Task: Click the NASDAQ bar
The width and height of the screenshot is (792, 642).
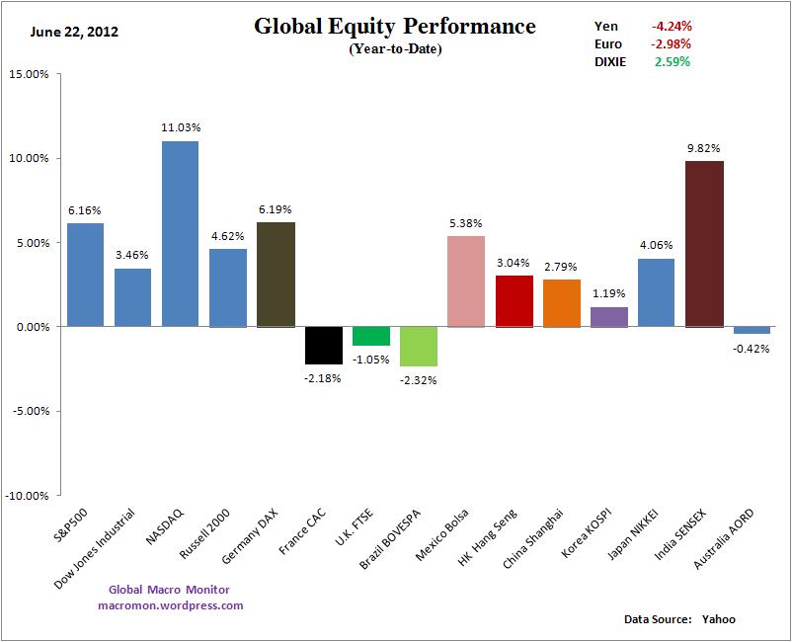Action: pos(180,233)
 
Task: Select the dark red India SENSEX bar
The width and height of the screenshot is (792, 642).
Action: pos(704,243)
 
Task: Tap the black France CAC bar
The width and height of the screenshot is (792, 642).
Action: pos(324,345)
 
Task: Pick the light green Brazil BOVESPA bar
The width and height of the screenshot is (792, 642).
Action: pos(419,346)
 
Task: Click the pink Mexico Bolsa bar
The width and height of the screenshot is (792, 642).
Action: pos(466,281)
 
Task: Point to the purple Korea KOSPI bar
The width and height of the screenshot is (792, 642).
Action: pos(609,316)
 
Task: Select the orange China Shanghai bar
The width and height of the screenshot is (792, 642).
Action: pos(561,302)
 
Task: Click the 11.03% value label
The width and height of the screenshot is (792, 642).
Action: pos(180,127)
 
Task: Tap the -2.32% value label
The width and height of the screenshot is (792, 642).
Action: pos(419,380)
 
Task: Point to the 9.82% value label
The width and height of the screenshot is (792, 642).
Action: pos(704,147)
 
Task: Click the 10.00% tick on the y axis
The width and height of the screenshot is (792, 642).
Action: pos(29,158)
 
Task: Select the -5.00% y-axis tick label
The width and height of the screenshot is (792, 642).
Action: pos(29,411)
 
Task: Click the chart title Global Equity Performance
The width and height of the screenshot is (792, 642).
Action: pos(395,27)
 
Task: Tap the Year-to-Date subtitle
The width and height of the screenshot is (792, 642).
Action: pos(395,49)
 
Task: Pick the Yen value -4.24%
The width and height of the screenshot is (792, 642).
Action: pos(671,26)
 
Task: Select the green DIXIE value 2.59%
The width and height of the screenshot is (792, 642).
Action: pos(672,61)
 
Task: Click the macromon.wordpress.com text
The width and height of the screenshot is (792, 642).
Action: pos(170,605)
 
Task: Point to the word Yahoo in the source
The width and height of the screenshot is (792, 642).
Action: pos(719,619)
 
